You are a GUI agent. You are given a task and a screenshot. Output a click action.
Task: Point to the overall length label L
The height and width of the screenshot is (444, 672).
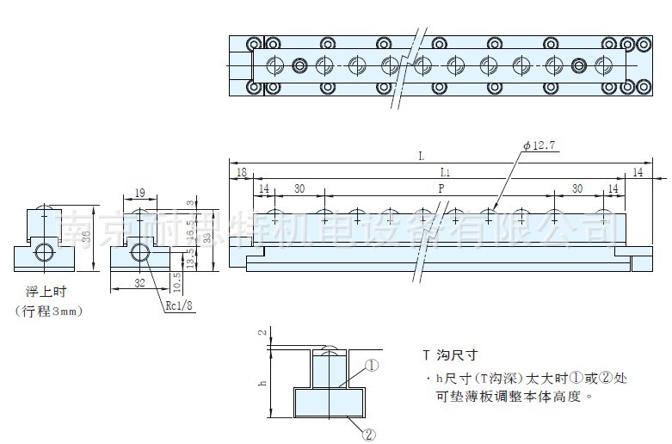click(421, 156)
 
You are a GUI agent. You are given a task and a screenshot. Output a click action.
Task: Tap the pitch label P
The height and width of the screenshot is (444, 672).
click(441, 188)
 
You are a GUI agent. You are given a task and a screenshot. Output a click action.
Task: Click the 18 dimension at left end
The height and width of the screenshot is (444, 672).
click(240, 173)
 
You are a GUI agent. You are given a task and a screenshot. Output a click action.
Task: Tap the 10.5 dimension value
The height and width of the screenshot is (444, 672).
click(176, 280)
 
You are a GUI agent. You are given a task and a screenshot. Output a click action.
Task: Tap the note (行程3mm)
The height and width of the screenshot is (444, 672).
click(51, 311)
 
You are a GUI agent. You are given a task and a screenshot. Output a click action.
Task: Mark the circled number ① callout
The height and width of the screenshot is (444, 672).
click(372, 365)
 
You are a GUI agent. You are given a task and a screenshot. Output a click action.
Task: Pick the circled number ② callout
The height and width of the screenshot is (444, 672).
click(369, 435)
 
